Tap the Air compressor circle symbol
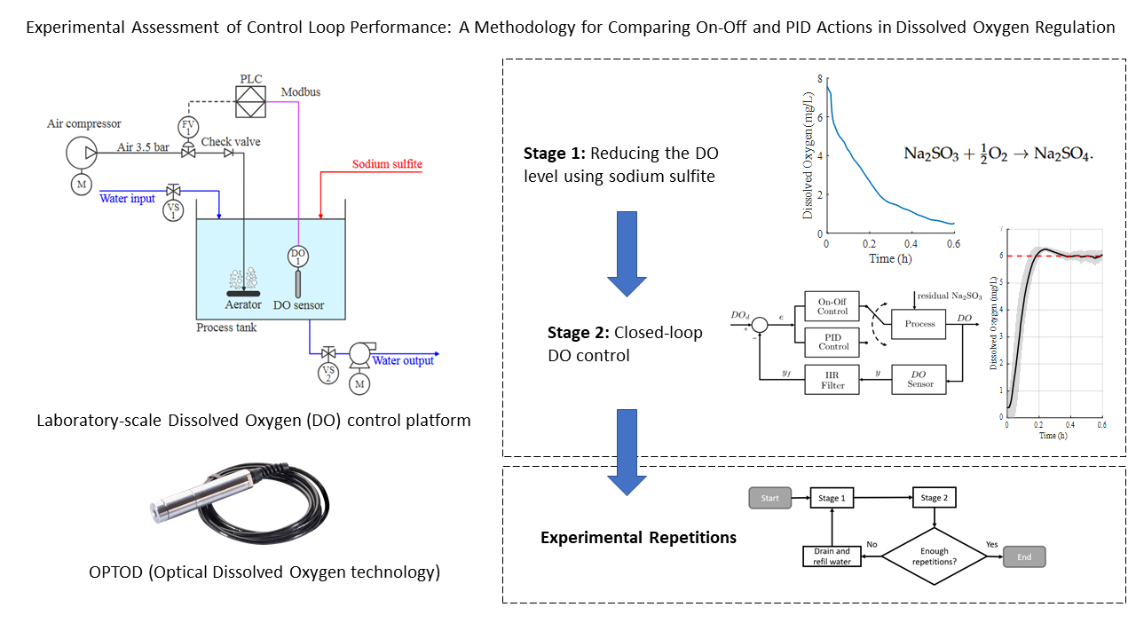[x=84, y=152]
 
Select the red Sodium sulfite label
[x=387, y=164]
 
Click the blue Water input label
[x=127, y=198]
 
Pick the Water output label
[x=403, y=360]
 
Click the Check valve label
[x=231, y=142]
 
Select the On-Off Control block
[x=833, y=306]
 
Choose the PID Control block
[x=833, y=341]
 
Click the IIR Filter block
[x=833, y=380]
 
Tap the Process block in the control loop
[x=919, y=323]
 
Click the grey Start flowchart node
[x=769, y=498]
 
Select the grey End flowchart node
[x=1024, y=557]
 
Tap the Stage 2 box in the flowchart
[x=931, y=498]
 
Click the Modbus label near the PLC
[x=301, y=92]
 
